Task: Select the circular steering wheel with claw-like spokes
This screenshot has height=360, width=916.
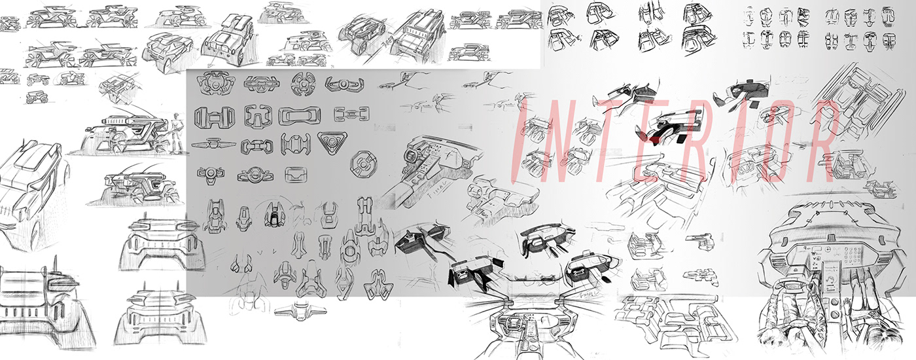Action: [x=304, y=83]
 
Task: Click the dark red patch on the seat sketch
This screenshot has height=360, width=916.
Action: [x=656, y=141]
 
